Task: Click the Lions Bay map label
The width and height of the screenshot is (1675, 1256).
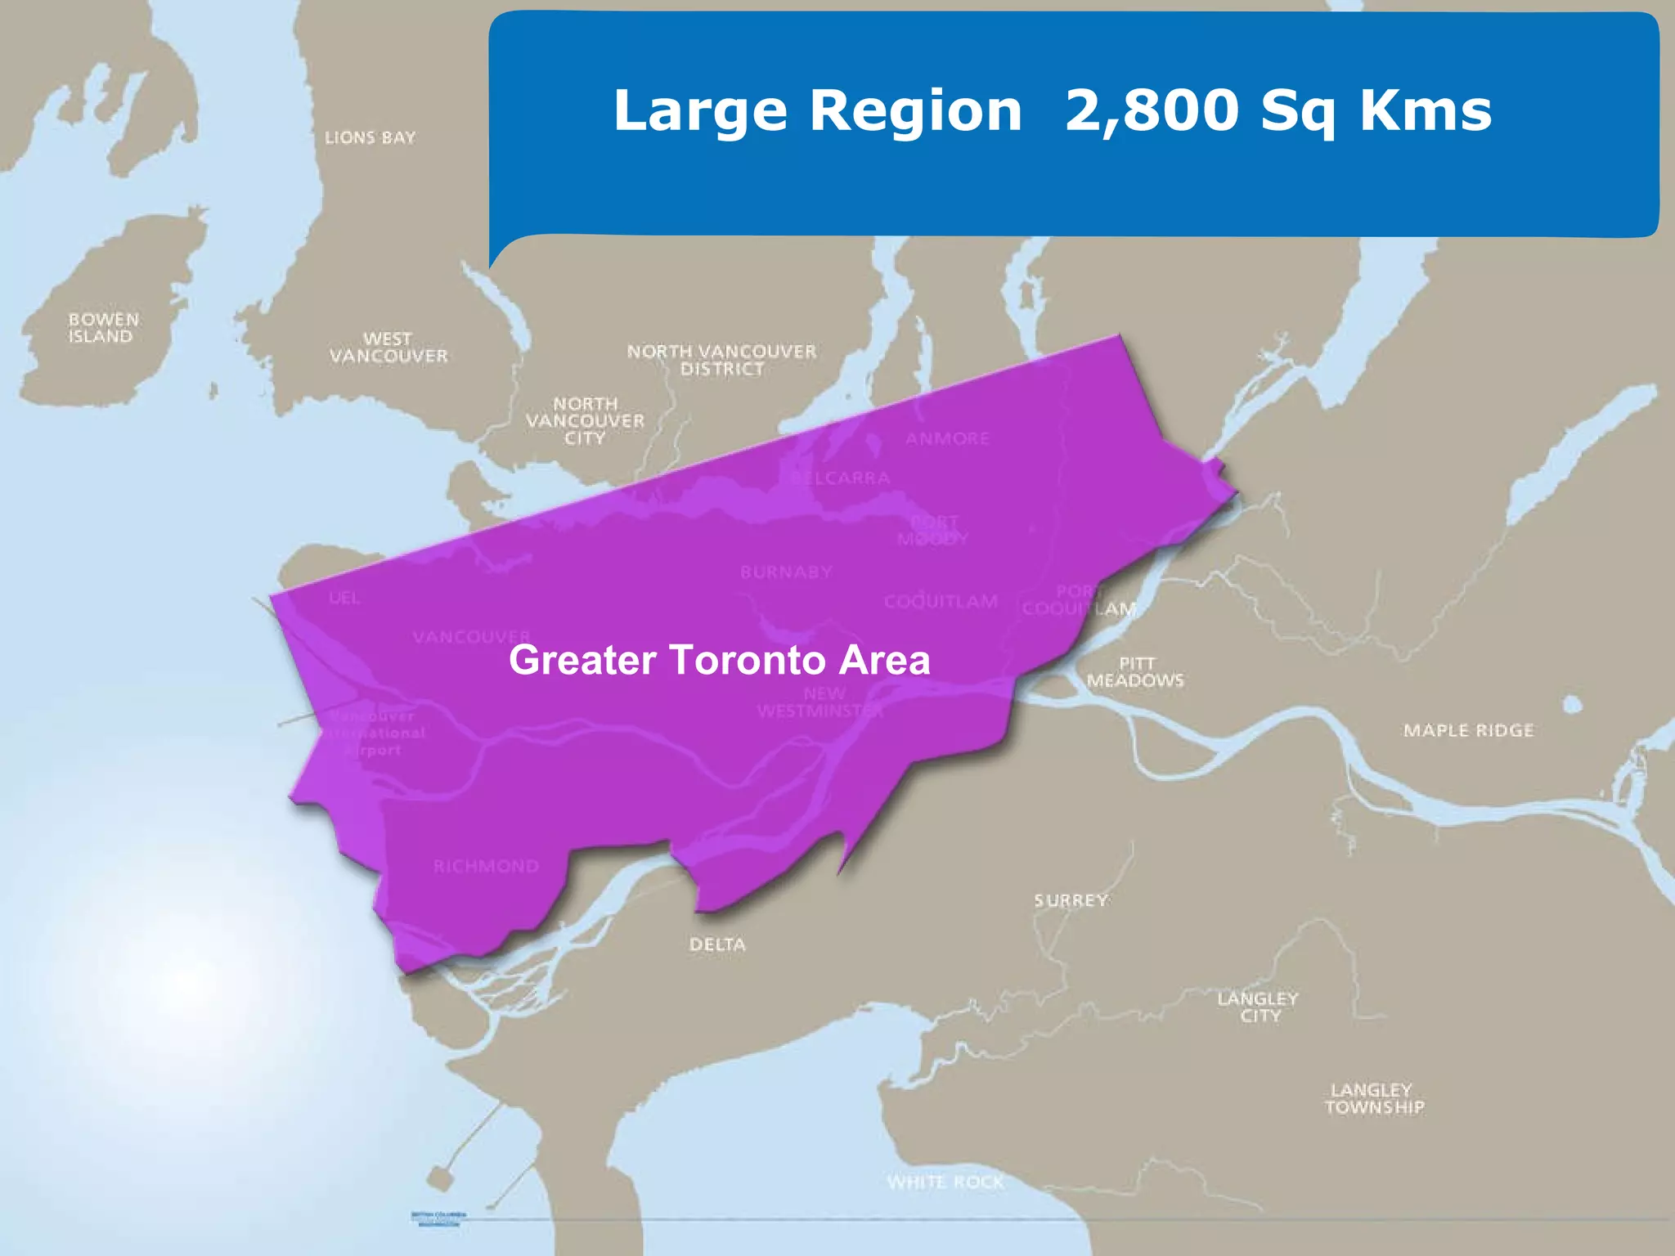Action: pos(370,137)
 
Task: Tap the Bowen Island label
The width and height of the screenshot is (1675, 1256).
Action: pos(103,328)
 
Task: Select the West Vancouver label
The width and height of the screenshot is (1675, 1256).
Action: pos(388,348)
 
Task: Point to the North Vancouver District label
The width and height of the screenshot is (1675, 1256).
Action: pos(721,360)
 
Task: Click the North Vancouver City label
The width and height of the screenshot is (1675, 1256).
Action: pos(585,421)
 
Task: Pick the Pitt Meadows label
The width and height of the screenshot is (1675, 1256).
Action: pos(1135,671)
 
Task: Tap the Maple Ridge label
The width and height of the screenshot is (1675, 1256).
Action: pos(1468,730)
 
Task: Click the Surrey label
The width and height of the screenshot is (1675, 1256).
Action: pos(1071,900)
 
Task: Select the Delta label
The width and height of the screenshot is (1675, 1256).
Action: pos(717,944)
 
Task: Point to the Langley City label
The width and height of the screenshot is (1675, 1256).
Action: pos(1258,1007)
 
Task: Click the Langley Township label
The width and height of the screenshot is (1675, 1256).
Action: pos(1374,1098)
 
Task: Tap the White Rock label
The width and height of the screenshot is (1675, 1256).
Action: pos(945,1182)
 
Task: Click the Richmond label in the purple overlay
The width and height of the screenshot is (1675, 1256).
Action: pos(486,866)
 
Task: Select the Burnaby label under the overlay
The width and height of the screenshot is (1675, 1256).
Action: pos(786,572)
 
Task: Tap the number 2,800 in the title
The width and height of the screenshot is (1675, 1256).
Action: pos(1152,110)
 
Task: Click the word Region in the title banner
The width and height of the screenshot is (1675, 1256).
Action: pos(915,111)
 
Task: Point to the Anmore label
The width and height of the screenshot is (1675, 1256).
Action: pos(947,438)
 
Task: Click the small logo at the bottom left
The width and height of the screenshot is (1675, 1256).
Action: pos(438,1218)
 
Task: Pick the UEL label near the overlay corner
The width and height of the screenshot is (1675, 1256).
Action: pos(344,598)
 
